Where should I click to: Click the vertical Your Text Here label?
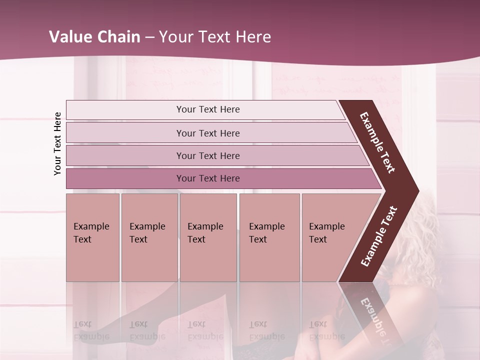(x=57, y=143)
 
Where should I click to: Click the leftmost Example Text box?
(x=92, y=237)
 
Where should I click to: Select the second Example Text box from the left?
(x=149, y=237)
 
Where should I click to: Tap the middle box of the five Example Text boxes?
(x=208, y=237)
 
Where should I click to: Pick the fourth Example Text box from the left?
(x=269, y=237)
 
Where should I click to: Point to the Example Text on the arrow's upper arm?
(x=377, y=142)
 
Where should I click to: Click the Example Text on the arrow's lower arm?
(x=378, y=236)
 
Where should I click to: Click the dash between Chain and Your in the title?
(x=149, y=37)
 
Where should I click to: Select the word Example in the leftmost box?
(x=91, y=226)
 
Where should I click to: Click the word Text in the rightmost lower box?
(x=318, y=239)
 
